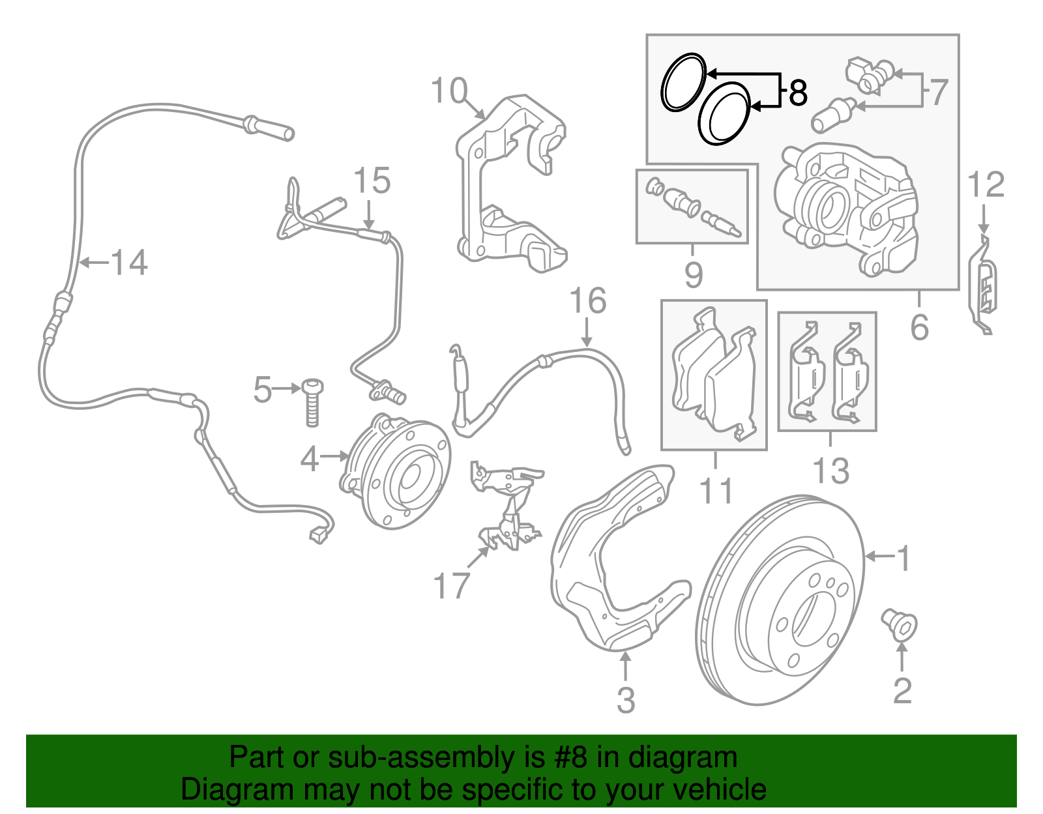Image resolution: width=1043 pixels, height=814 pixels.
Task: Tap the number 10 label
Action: pyautogui.click(x=449, y=91)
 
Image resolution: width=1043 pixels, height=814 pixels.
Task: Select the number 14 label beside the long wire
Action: pyautogui.click(x=129, y=263)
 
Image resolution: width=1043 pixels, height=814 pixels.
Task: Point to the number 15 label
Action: pyautogui.click(x=372, y=181)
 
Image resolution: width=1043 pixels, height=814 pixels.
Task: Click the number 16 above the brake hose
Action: pyautogui.click(x=587, y=301)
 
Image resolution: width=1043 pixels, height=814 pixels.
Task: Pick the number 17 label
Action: pyautogui.click(x=451, y=585)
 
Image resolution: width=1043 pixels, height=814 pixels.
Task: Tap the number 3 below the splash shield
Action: pyautogui.click(x=626, y=700)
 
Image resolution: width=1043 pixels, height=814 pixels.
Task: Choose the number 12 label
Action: pyautogui.click(x=986, y=185)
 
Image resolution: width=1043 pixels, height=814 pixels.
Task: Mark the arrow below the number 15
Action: pyautogui.click(x=369, y=215)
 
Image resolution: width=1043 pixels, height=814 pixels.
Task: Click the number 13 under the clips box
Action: pyautogui.click(x=831, y=471)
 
